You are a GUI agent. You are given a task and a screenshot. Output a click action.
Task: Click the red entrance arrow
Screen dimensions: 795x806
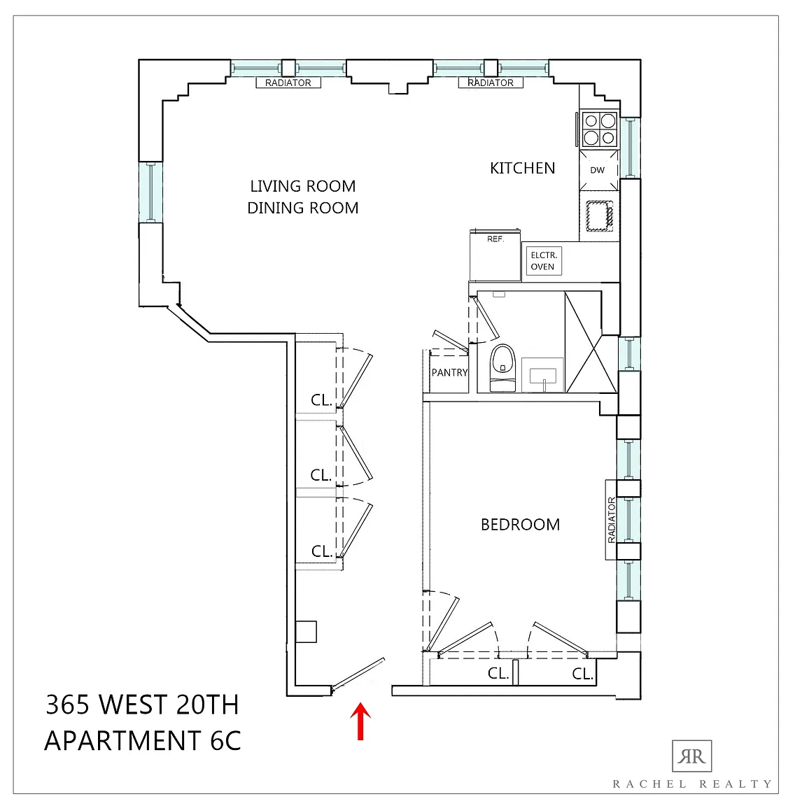(360, 721)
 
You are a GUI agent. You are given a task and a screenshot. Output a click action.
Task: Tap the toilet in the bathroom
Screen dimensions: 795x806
(502, 368)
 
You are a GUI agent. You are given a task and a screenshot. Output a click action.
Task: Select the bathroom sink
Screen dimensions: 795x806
(543, 375)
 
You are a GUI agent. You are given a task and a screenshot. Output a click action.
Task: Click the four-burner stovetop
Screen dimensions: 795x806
(600, 129)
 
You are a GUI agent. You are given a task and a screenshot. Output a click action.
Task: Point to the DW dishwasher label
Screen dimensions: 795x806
(597, 170)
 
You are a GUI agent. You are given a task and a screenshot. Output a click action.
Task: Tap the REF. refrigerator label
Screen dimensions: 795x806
(495, 239)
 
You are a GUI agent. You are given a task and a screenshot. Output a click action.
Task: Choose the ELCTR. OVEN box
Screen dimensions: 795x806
(544, 261)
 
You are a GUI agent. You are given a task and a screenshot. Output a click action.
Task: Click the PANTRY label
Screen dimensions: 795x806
(449, 373)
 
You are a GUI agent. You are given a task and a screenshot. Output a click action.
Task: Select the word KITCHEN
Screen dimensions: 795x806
(523, 168)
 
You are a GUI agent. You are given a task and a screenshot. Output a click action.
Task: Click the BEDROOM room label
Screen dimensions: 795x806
(520, 524)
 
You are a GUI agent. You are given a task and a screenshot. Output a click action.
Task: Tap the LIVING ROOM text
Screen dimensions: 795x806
(303, 186)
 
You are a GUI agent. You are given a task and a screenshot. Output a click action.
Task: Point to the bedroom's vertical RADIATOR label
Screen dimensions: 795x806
(611, 520)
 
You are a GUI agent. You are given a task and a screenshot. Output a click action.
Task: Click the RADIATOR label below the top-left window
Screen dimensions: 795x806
(288, 83)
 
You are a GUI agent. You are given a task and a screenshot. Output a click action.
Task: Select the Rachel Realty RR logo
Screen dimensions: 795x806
(691, 756)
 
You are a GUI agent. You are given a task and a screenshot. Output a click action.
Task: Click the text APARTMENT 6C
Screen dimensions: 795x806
(143, 741)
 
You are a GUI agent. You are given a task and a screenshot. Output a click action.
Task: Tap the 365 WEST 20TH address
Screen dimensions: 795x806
(143, 705)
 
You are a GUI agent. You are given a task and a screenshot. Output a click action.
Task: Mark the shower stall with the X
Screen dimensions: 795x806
(591, 342)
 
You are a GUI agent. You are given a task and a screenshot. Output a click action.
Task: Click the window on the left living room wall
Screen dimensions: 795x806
(150, 192)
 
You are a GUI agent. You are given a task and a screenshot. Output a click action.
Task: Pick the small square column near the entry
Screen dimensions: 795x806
(306, 632)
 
